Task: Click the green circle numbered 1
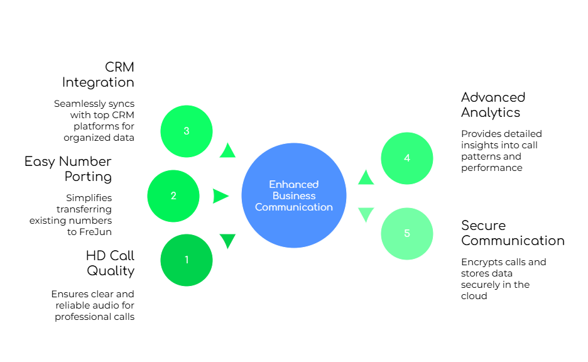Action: click(187, 260)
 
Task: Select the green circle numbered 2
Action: click(173, 196)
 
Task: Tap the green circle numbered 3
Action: click(187, 131)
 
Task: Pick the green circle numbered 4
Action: click(407, 158)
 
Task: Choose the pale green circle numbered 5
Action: click(407, 234)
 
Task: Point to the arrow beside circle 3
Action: click(227, 150)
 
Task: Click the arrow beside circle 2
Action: click(220, 196)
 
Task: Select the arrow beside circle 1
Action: click(227, 240)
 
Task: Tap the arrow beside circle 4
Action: click(366, 178)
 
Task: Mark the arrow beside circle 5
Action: click(366, 214)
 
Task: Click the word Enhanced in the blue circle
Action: click(294, 184)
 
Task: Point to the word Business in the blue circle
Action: click(294, 195)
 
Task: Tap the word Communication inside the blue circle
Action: click(294, 207)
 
